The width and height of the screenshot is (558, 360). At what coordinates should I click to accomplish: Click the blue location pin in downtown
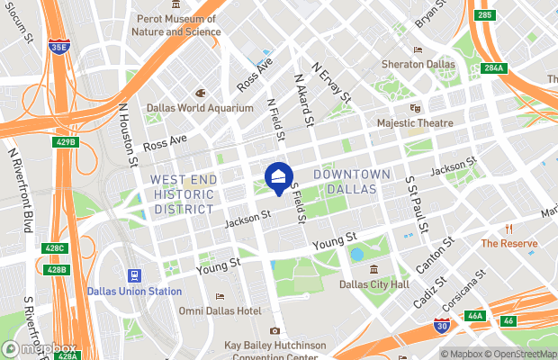pyautogui.click(x=278, y=176)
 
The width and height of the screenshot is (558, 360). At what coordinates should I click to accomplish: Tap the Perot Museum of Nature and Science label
pyautogui.click(x=176, y=24)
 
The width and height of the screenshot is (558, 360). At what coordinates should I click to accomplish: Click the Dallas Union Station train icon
pyautogui.click(x=135, y=275)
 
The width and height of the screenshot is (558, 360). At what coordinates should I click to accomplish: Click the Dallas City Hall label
pyautogui.click(x=373, y=284)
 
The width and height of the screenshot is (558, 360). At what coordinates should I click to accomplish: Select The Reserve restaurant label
pyautogui.click(x=509, y=243)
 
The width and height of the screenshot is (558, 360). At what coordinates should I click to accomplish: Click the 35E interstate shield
pyautogui.click(x=60, y=47)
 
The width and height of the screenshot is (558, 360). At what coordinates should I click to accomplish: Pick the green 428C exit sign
pyautogui.click(x=56, y=248)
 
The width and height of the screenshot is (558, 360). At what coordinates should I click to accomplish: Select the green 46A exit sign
pyautogui.click(x=475, y=316)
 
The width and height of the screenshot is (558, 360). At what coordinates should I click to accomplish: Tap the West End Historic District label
pyautogui.click(x=184, y=194)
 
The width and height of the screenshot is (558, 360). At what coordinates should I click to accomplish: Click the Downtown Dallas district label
pyautogui.click(x=352, y=181)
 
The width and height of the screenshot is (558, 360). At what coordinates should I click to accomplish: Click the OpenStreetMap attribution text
pyautogui.click(x=516, y=353)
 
